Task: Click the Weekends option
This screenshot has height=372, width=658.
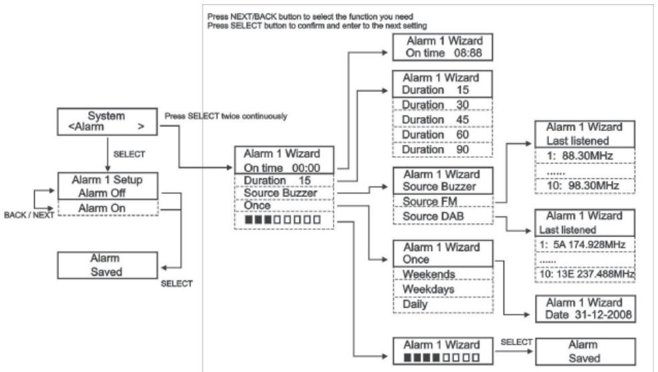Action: point(429,274)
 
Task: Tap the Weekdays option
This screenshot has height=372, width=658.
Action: point(429,289)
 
